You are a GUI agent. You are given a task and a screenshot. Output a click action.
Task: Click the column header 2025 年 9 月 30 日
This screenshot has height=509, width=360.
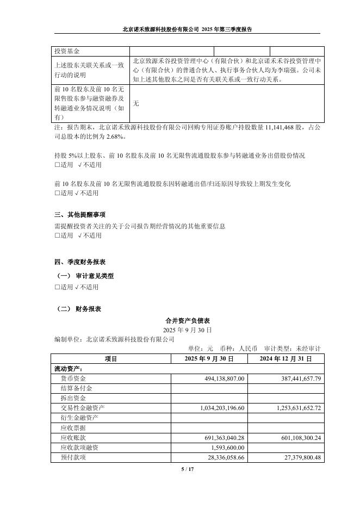209,359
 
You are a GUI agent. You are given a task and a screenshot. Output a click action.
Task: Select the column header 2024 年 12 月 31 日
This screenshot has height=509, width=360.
285,359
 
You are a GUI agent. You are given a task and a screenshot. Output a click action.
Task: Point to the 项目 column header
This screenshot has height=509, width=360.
110,359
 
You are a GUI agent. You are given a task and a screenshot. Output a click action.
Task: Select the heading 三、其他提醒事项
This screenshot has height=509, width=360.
80,215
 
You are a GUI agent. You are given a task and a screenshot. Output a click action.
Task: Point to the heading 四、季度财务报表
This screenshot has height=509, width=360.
80,262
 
